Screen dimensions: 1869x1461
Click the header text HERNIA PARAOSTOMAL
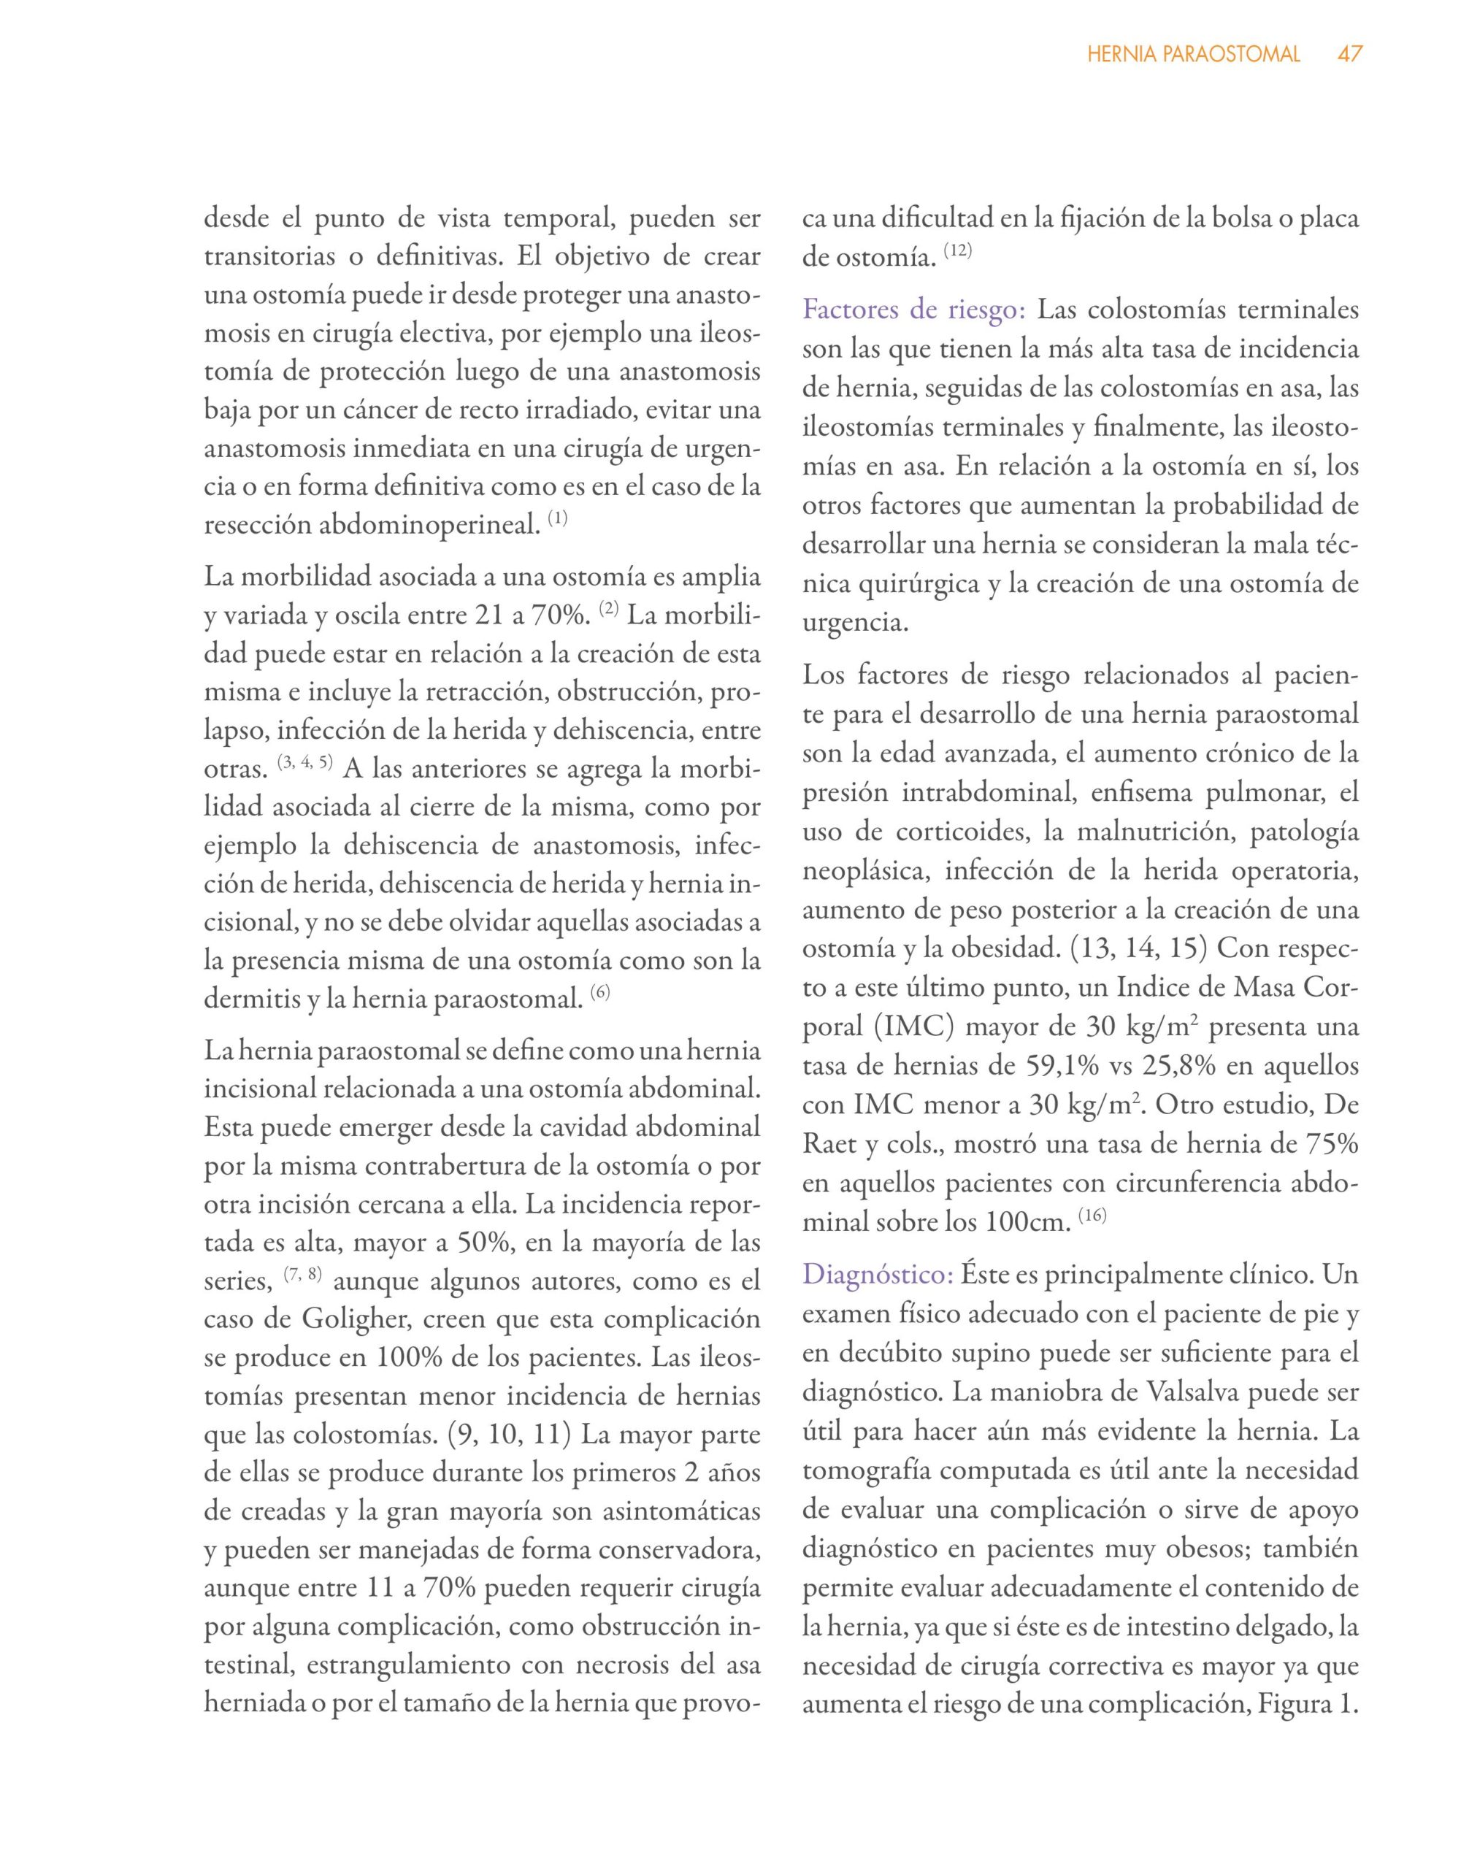coord(1193,55)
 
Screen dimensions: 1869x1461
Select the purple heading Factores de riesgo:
coord(913,310)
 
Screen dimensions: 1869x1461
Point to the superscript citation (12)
coord(958,253)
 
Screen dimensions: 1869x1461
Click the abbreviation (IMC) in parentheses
coord(905,1027)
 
